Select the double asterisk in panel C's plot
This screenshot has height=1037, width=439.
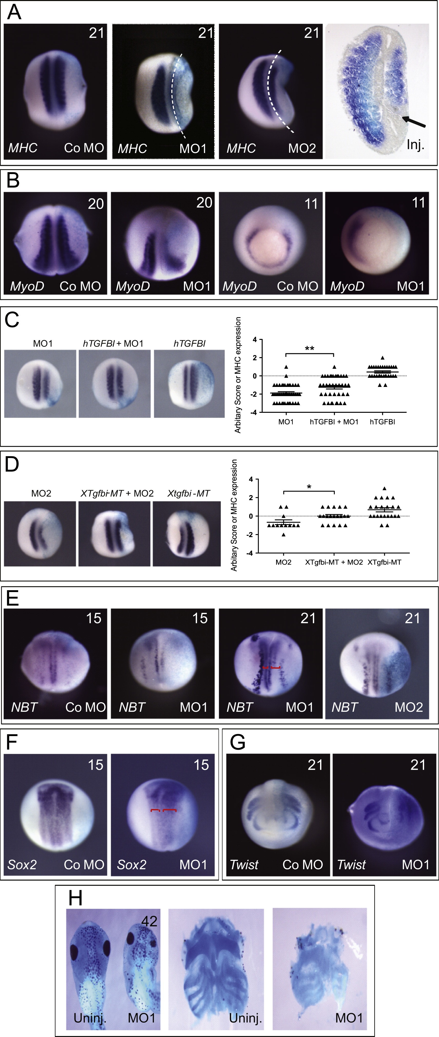(x=309, y=349)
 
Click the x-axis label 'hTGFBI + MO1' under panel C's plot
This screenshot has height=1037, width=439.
(x=334, y=422)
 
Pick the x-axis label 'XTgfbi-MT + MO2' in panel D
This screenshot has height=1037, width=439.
(x=334, y=562)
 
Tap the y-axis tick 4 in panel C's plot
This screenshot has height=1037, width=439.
(x=255, y=339)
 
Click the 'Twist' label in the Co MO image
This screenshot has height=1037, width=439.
(x=244, y=864)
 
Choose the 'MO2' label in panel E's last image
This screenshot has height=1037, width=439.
(x=408, y=707)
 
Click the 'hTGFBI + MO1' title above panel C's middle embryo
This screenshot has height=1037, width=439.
(x=113, y=343)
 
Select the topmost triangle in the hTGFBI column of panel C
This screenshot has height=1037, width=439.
(x=382, y=357)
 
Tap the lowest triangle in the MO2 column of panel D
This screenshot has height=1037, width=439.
(x=284, y=535)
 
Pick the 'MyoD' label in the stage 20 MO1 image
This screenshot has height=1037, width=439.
(x=133, y=286)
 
